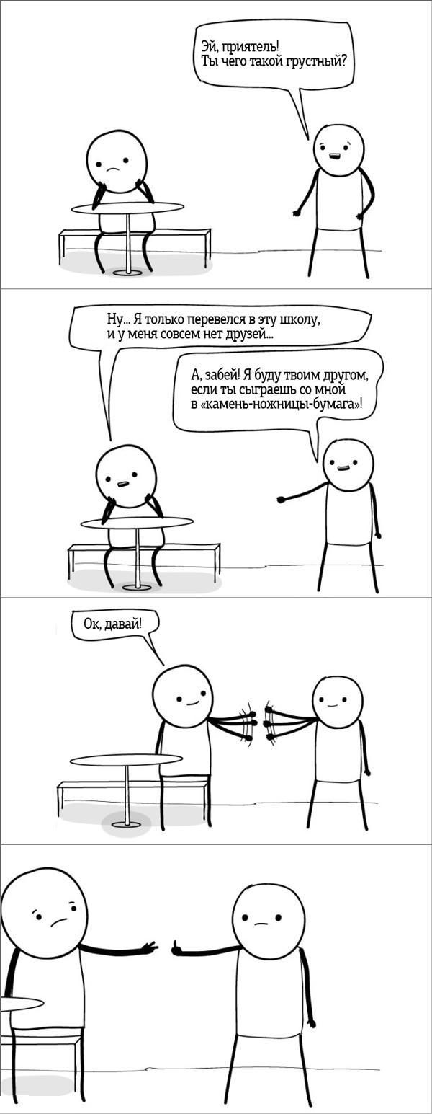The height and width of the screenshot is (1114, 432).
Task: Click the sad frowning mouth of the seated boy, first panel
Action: click(x=113, y=169)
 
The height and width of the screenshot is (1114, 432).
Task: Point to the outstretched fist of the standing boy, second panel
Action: click(x=282, y=499)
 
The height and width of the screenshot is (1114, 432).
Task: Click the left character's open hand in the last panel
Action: click(x=150, y=947)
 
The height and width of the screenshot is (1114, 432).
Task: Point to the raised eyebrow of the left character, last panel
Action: click(x=73, y=901)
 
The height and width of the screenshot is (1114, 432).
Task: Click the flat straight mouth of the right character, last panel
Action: click(x=259, y=924)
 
